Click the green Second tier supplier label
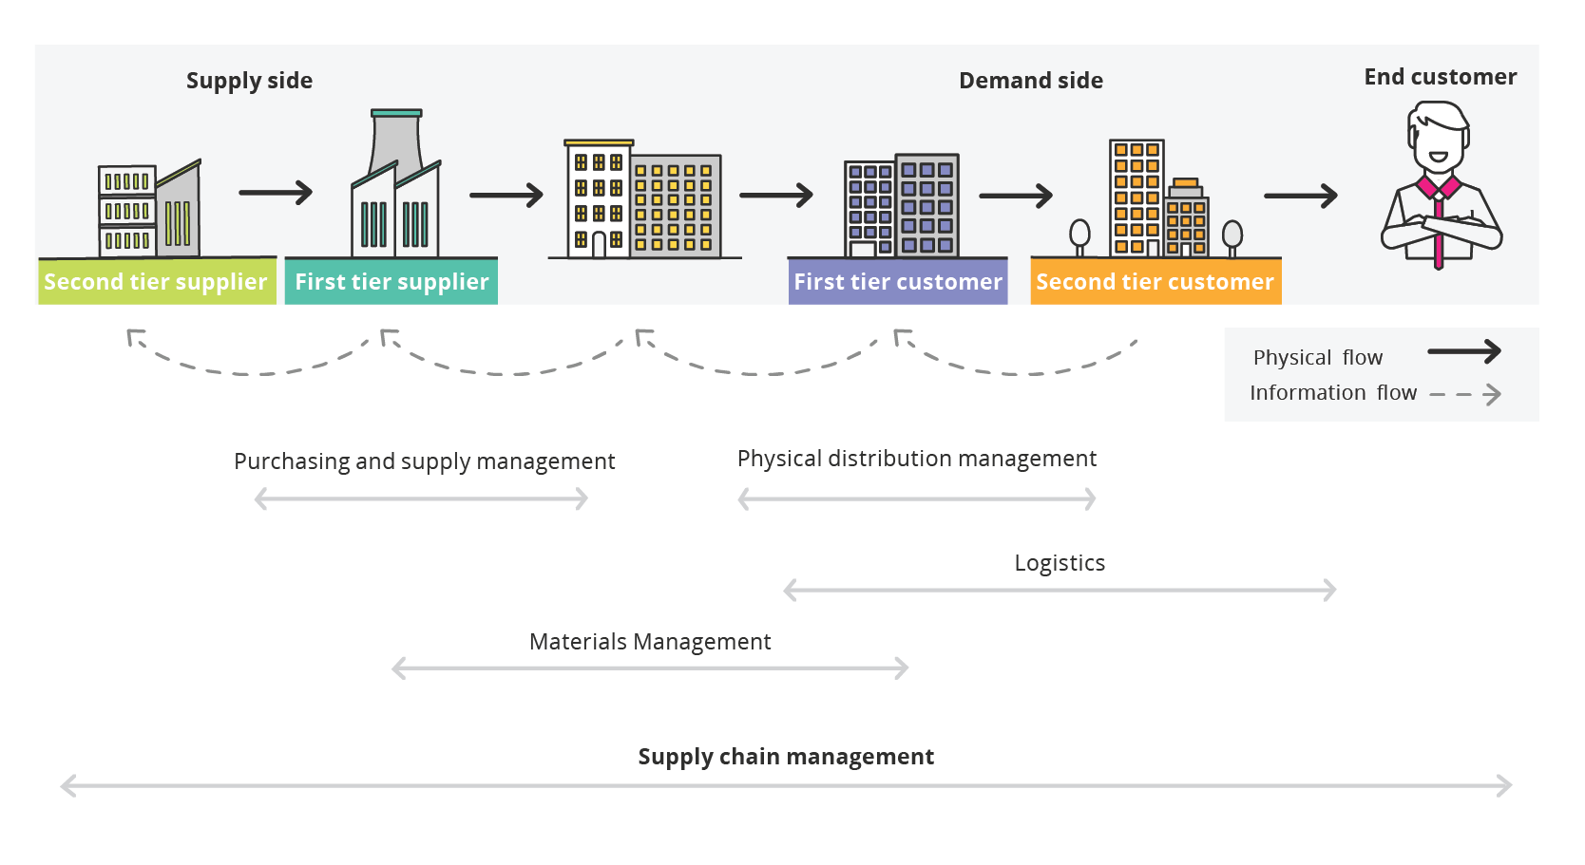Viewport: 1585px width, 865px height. coord(156,282)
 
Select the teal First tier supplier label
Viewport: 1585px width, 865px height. coord(391,282)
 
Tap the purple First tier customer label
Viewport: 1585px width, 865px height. coord(898,282)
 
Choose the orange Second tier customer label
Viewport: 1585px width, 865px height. coord(1155,282)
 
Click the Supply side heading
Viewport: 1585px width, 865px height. coord(249,81)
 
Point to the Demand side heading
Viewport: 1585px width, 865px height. coord(1031,81)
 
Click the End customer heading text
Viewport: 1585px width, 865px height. coord(1440,77)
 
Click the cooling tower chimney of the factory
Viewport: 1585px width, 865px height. coord(396,142)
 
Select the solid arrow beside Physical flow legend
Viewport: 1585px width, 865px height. coord(1463,352)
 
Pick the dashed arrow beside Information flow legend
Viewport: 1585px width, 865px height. coord(1465,394)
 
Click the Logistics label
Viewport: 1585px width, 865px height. coord(1060,563)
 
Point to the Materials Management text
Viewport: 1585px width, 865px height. coord(650,642)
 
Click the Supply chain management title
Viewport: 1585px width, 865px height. coord(786,757)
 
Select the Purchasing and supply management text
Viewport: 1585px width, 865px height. coord(424,461)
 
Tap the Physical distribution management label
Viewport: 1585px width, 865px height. coord(917,459)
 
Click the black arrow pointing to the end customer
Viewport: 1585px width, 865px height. coord(1300,196)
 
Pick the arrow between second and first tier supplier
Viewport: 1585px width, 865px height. coord(276,193)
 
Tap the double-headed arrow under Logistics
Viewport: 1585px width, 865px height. coord(1060,591)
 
